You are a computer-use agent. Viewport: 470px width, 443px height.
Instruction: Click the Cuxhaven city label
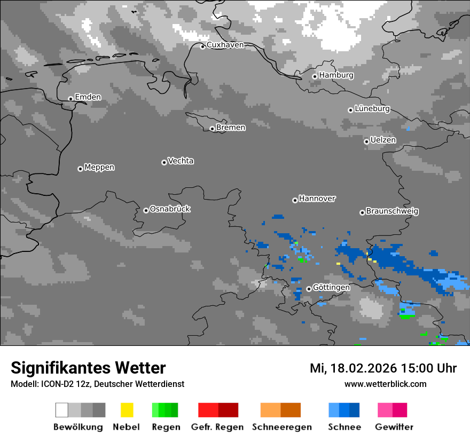click(225, 45)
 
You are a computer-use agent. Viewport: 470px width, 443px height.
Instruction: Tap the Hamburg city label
click(336, 75)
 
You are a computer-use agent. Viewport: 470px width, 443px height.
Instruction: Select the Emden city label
click(88, 97)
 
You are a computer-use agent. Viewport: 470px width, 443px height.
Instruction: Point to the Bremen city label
click(231, 128)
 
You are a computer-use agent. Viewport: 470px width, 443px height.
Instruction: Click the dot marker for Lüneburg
click(350, 110)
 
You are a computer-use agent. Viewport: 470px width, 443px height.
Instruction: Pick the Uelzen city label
click(383, 140)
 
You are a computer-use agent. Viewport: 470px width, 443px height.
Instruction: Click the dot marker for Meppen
click(80, 169)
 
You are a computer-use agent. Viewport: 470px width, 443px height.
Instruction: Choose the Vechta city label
click(181, 161)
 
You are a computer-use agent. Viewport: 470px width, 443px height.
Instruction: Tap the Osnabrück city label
click(170, 209)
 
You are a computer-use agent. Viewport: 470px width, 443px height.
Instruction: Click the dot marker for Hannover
click(295, 200)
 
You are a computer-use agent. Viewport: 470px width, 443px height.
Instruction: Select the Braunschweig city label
click(392, 211)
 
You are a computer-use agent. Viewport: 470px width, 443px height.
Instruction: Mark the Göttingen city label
click(331, 288)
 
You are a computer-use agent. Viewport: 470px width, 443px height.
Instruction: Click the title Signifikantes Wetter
click(88, 368)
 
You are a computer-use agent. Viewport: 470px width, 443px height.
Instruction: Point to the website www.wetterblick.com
click(385, 384)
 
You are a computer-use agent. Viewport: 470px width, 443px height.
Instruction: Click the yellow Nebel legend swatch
click(127, 410)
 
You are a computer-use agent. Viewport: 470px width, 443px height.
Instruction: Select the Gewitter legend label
click(394, 427)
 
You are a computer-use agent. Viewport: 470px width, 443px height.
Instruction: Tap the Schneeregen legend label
click(281, 427)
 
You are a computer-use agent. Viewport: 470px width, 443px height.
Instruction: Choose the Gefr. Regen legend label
click(217, 427)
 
